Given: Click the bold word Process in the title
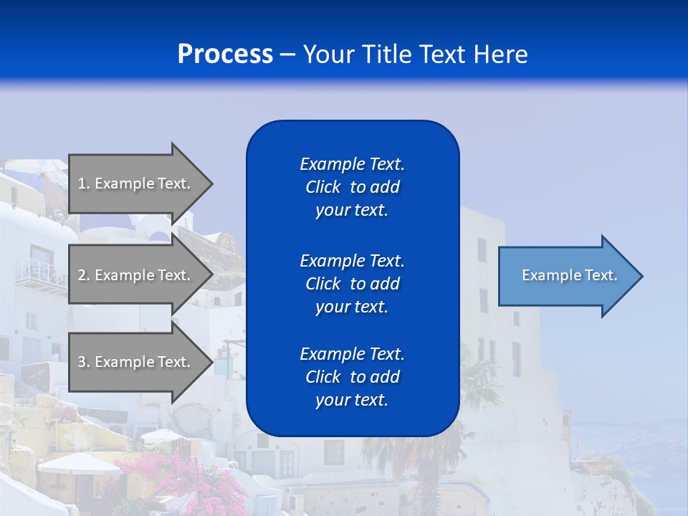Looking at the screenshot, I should [x=225, y=54].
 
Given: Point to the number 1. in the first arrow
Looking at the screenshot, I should [x=84, y=183].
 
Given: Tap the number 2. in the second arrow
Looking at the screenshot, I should [x=84, y=275].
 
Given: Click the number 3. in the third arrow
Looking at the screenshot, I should [x=84, y=362].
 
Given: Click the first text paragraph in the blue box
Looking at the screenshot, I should [x=352, y=187].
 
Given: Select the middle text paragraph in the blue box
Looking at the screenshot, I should [x=352, y=283].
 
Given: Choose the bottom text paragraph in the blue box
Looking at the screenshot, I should [x=352, y=377].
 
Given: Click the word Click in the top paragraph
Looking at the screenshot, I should [x=322, y=187].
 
